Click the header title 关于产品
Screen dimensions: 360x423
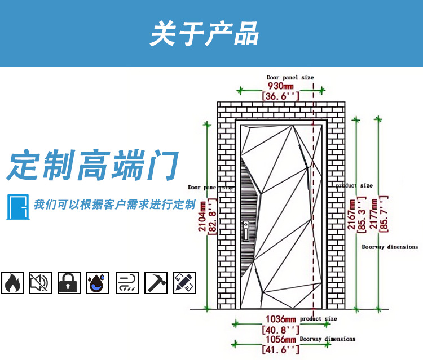click(204, 34)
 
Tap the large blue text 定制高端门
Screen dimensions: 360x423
click(93, 166)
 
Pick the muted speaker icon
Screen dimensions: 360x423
click(40, 283)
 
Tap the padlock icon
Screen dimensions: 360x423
click(68, 283)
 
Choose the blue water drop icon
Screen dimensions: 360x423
click(98, 283)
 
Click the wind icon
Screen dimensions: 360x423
click(126, 283)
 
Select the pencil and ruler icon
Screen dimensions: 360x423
click(184, 283)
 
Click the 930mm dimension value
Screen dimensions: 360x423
click(280, 86)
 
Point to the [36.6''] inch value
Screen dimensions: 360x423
click(280, 96)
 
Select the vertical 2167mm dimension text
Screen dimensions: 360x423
click(352, 214)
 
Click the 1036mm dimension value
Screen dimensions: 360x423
click(281, 320)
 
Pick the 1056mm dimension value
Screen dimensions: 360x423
click(281, 340)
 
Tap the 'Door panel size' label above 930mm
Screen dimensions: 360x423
click(290, 77)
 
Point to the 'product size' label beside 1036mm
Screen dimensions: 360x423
click(319, 319)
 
